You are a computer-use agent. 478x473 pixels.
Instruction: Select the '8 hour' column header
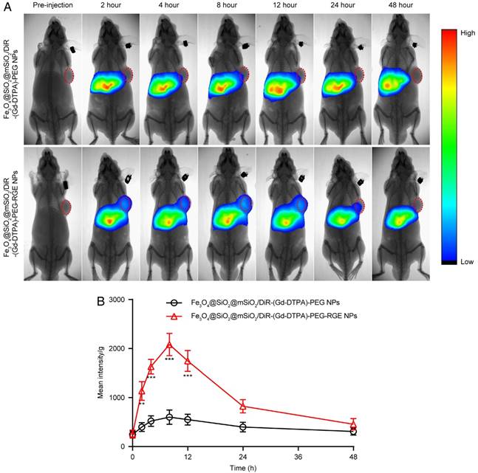[x=225, y=6]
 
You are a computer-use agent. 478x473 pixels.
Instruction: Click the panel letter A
[x=7, y=6]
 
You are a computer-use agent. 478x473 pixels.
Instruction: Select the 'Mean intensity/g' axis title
[x=100, y=373]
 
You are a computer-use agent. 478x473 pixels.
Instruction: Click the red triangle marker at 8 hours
[x=169, y=345]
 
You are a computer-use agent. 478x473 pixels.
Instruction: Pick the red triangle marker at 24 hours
[x=243, y=406]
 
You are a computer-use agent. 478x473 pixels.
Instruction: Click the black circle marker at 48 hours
[x=353, y=431]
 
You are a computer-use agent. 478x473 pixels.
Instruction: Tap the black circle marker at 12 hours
[x=188, y=419]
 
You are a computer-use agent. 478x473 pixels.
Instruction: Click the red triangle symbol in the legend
[x=174, y=315]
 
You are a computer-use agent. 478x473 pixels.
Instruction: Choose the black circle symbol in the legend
[x=174, y=303]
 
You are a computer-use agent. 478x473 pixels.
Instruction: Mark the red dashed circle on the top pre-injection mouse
[x=68, y=75]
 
